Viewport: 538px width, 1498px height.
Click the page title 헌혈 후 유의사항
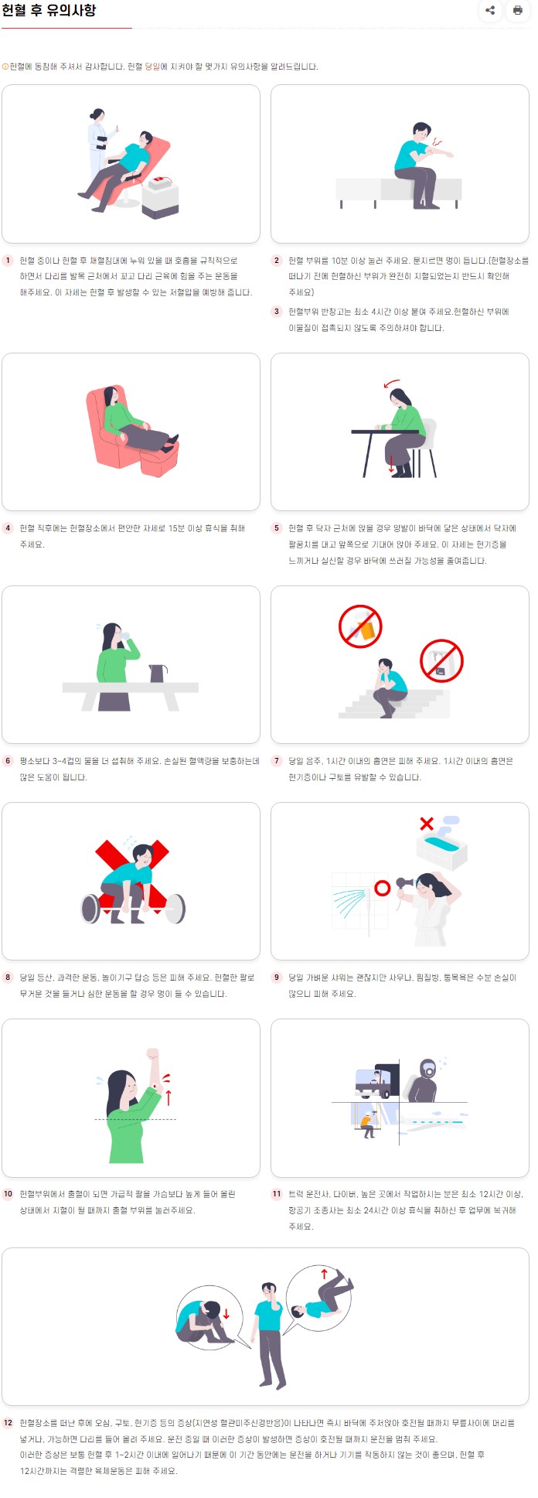pyautogui.click(x=49, y=11)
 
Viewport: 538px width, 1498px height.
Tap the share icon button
pyautogui.click(x=490, y=11)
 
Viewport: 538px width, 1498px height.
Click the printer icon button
pyautogui.click(x=517, y=11)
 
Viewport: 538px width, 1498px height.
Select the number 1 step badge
pyautogui.click(x=9, y=261)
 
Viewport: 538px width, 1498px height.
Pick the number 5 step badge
pyautogui.click(x=277, y=528)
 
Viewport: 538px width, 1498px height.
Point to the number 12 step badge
pyautogui.click(x=9, y=1422)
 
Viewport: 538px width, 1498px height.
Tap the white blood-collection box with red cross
pyautogui.click(x=161, y=196)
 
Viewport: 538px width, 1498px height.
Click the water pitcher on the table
pyautogui.click(x=158, y=673)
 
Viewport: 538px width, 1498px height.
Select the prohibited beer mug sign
pyautogui.click(x=360, y=626)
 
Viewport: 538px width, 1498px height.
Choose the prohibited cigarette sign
pyautogui.click(x=441, y=660)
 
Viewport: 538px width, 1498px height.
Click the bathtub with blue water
pyautogui.click(x=442, y=850)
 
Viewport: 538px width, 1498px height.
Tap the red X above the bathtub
pyautogui.click(x=426, y=824)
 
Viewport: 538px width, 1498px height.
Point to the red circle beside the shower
pyautogui.click(x=382, y=888)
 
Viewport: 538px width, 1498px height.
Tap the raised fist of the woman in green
pyautogui.click(x=152, y=1055)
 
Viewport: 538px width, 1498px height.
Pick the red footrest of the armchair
pyautogui.click(x=160, y=462)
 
